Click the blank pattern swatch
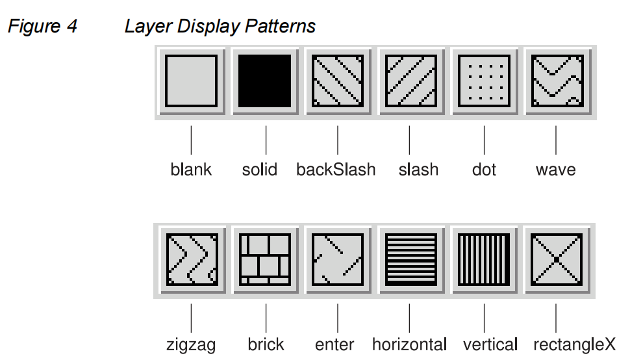(x=191, y=81)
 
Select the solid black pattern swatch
(x=265, y=81)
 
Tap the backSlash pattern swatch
(x=338, y=81)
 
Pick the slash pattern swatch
(x=410, y=81)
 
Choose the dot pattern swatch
(x=483, y=81)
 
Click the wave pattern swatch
(x=557, y=81)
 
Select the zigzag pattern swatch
(x=191, y=260)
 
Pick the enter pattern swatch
(x=337, y=260)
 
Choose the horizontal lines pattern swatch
(x=410, y=260)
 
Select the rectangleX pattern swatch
(x=556, y=260)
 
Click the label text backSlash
(x=336, y=170)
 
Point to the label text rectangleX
(x=574, y=344)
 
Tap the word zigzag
(x=190, y=345)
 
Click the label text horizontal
(x=409, y=344)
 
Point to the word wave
(x=555, y=170)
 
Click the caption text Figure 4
(x=42, y=27)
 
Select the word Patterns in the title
(x=280, y=27)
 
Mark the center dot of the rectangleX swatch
(x=556, y=260)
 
